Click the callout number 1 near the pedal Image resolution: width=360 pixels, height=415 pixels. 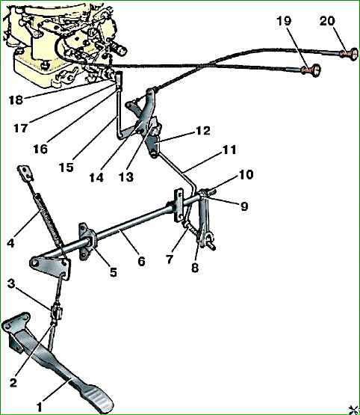(x=40, y=407)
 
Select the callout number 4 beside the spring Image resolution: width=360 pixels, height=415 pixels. (x=10, y=243)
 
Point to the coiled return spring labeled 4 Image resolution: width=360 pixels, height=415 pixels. (x=50, y=219)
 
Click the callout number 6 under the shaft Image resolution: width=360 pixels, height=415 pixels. (x=141, y=262)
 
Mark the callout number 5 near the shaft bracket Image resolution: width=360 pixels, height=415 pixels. (x=113, y=272)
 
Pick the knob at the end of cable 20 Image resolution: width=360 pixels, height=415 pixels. (x=353, y=55)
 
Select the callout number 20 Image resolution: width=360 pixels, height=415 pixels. (x=327, y=21)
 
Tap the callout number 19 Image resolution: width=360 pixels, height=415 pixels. (x=284, y=21)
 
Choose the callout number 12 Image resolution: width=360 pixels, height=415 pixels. (x=202, y=130)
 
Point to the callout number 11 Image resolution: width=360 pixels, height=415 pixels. (x=229, y=150)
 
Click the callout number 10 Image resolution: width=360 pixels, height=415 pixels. (x=246, y=174)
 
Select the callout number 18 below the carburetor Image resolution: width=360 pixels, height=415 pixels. (x=16, y=100)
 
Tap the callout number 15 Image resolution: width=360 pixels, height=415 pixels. (x=66, y=167)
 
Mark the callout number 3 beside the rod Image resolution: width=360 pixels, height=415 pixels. (x=11, y=283)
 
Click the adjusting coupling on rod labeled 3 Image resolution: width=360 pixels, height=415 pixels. (x=57, y=313)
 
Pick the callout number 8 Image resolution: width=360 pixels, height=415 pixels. (x=195, y=268)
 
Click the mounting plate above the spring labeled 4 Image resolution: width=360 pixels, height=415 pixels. (x=26, y=173)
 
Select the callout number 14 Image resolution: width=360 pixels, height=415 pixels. (x=96, y=178)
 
